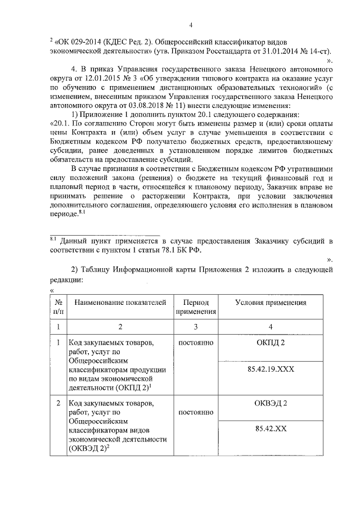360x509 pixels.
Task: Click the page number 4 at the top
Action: [x=191, y=24]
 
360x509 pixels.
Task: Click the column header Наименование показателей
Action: [x=120, y=303]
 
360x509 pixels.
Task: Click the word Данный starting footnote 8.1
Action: [x=75, y=241]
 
